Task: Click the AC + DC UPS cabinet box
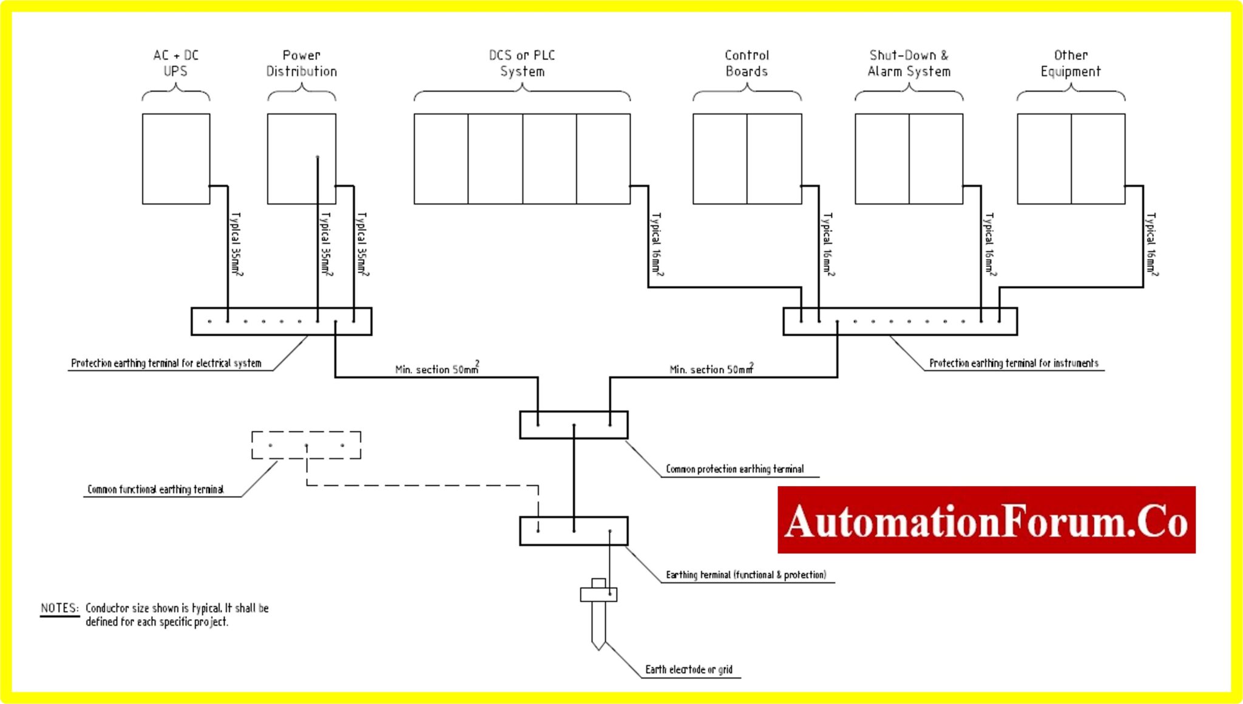pyautogui.click(x=175, y=158)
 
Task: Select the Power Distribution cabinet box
pyautogui.click(x=291, y=158)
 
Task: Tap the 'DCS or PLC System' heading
pyautogui.click(x=522, y=63)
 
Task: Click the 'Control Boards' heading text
pyautogui.click(x=747, y=63)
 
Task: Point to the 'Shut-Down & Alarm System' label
pyautogui.click(x=909, y=63)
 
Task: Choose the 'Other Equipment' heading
pyautogui.click(x=1071, y=63)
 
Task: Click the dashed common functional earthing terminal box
pyautogui.click(x=306, y=445)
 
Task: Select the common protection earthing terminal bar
pyautogui.click(x=574, y=425)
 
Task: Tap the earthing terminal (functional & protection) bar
pyautogui.click(x=574, y=530)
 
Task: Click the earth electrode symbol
pyautogui.click(x=598, y=613)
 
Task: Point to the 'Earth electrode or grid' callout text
pyautogui.click(x=688, y=669)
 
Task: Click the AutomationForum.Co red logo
pyautogui.click(x=986, y=520)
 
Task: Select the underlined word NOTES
pyautogui.click(x=59, y=608)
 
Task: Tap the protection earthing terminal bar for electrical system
pyautogui.click(x=281, y=321)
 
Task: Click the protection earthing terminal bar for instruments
pyautogui.click(x=899, y=321)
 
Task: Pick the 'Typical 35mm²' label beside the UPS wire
pyautogui.click(x=236, y=244)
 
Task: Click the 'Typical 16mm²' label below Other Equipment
pyautogui.click(x=1151, y=244)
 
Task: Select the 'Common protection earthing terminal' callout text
pyautogui.click(x=734, y=469)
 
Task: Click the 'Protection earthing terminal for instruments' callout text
pyautogui.click(x=1014, y=363)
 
